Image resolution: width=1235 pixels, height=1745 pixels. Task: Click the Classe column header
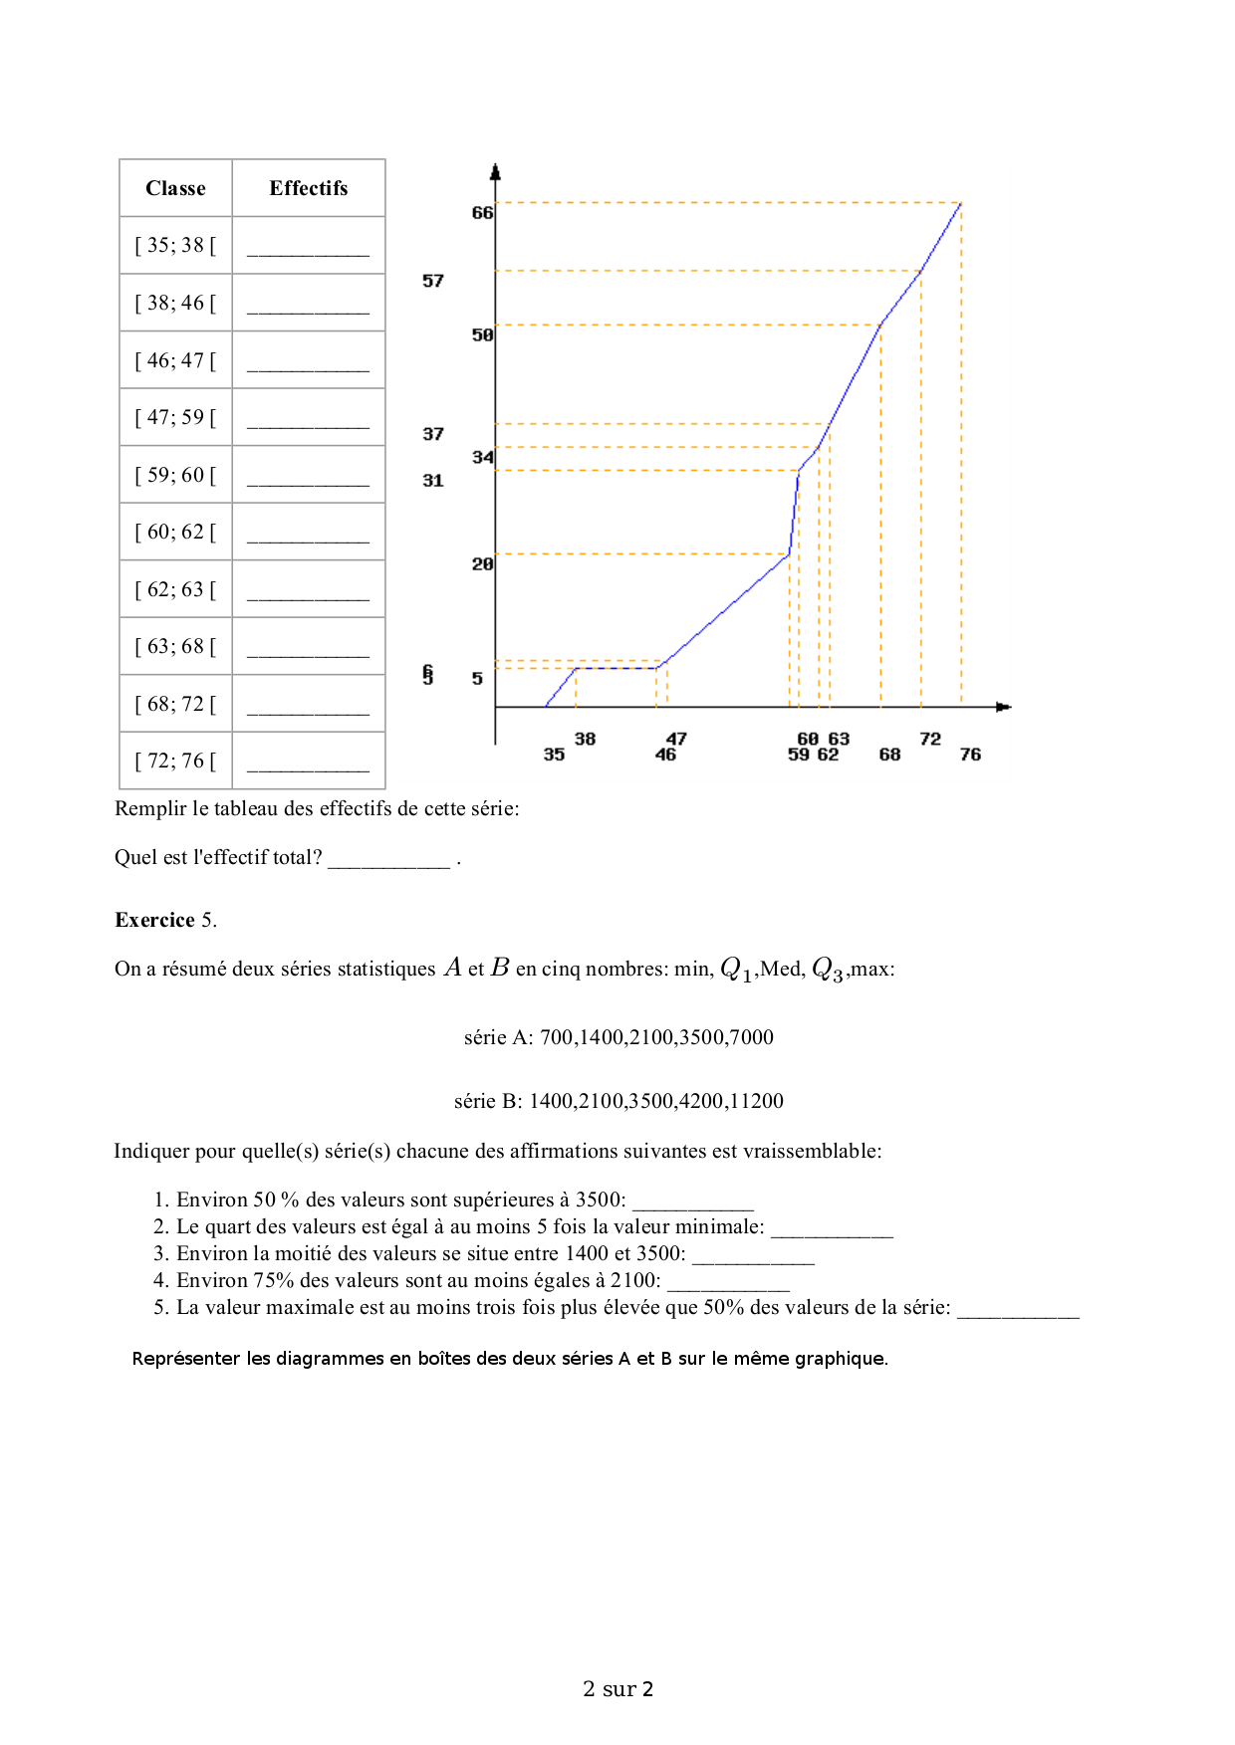click(175, 188)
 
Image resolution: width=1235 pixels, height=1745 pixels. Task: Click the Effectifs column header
click(308, 188)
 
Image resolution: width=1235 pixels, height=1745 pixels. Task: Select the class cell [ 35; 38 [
click(175, 245)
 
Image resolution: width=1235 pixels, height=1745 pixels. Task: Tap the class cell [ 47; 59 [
click(175, 417)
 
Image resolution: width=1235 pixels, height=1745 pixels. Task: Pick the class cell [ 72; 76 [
click(175, 761)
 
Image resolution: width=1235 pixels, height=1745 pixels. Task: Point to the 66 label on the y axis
click(482, 213)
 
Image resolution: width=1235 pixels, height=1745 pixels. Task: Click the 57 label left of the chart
click(432, 281)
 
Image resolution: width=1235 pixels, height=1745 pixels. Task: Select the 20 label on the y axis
click(482, 564)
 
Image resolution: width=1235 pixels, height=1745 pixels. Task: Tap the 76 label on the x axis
click(970, 755)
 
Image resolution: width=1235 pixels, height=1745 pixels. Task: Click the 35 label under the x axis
click(554, 755)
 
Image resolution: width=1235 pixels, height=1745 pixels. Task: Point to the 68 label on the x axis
click(889, 755)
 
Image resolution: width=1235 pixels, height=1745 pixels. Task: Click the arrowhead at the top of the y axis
click(496, 171)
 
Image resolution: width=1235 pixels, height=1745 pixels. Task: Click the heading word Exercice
click(154, 920)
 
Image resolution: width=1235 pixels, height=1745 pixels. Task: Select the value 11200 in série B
click(756, 1101)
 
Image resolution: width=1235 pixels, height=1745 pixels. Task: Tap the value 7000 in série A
click(751, 1037)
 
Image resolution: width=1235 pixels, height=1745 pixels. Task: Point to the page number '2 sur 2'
click(617, 1688)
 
